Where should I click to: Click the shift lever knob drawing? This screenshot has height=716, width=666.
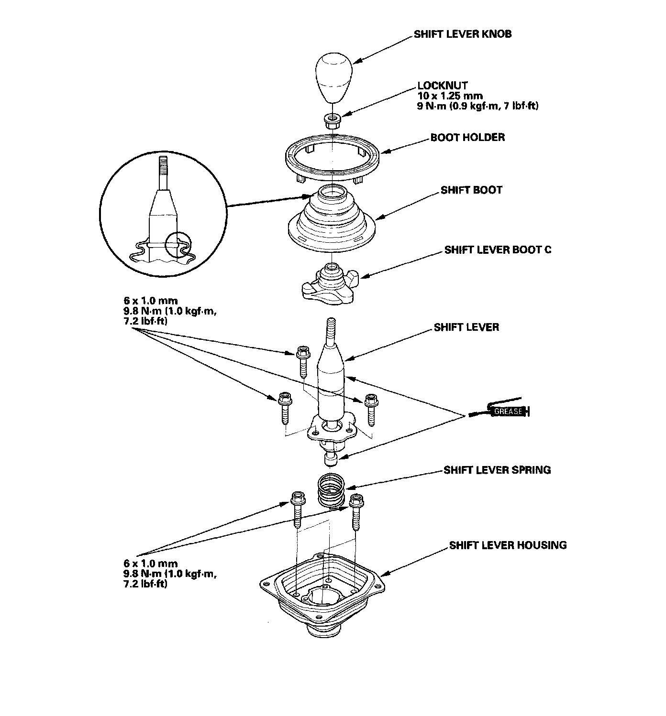(333, 77)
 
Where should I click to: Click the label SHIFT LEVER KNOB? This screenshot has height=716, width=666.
(462, 34)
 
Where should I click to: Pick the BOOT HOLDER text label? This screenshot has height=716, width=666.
(467, 138)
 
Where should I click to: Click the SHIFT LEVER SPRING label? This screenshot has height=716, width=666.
(497, 470)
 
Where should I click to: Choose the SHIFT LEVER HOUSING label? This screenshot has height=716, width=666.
(508, 545)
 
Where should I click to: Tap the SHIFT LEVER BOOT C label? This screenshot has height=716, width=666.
(498, 250)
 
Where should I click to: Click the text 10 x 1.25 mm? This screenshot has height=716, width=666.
(450, 96)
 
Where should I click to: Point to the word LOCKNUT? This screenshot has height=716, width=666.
(443, 86)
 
